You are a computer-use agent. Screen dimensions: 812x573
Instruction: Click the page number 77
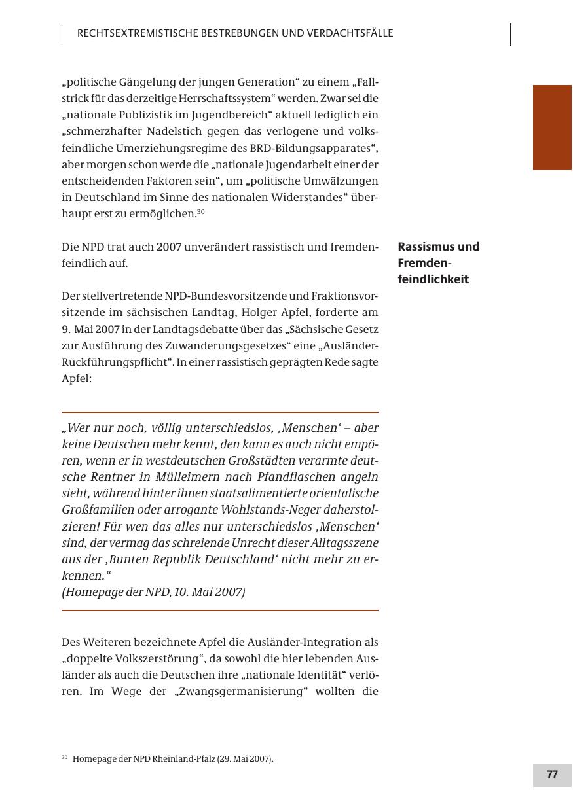pyautogui.click(x=552, y=775)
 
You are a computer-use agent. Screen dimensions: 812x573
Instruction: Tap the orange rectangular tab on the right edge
pyautogui.click(x=552, y=128)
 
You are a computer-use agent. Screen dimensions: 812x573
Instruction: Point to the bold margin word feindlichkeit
pyautogui.click(x=433, y=279)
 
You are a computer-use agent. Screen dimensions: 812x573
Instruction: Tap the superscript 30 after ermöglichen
pyautogui.click(x=201, y=211)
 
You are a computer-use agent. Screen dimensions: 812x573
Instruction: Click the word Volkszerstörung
pyautogui.click(x=162, y=658)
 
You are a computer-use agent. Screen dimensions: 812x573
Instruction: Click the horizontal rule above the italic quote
pyautogui.click(x=220, y=412)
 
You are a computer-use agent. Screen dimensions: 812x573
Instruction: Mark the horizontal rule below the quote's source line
pyautogui.click(x=220, y=610)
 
